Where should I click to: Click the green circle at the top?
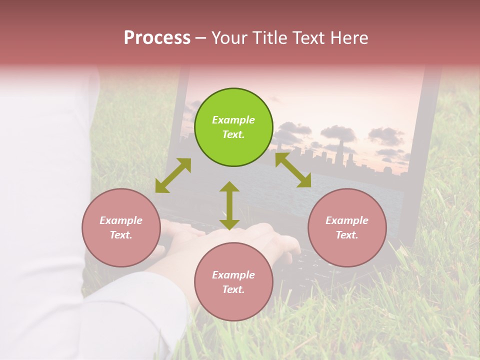(233, 127)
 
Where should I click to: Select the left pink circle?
(121, 228)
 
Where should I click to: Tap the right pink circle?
(347, 228)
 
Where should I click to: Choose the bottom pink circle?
(233, 282)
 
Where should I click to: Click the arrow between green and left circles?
(173, 175)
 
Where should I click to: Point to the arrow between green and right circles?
(293, 170)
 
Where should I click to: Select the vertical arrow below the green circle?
(229, 205)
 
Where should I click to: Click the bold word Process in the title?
(157, 37)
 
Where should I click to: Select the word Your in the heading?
(230, 37)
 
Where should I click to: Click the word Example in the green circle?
(233, 120)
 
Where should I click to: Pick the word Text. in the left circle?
(121, 235)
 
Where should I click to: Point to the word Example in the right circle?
(347, 220)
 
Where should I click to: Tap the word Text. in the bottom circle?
(233, 289)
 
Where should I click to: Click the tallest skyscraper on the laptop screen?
(340, 150)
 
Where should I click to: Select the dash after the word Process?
(201, 37)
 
